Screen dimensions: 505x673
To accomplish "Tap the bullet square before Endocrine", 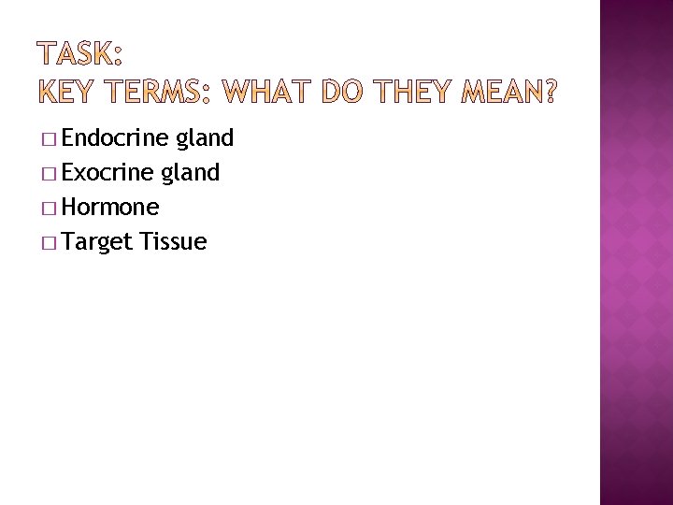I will point(49,140).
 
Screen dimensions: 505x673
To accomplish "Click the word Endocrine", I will point(114,139).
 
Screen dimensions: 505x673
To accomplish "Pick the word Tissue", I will point(173,242).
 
